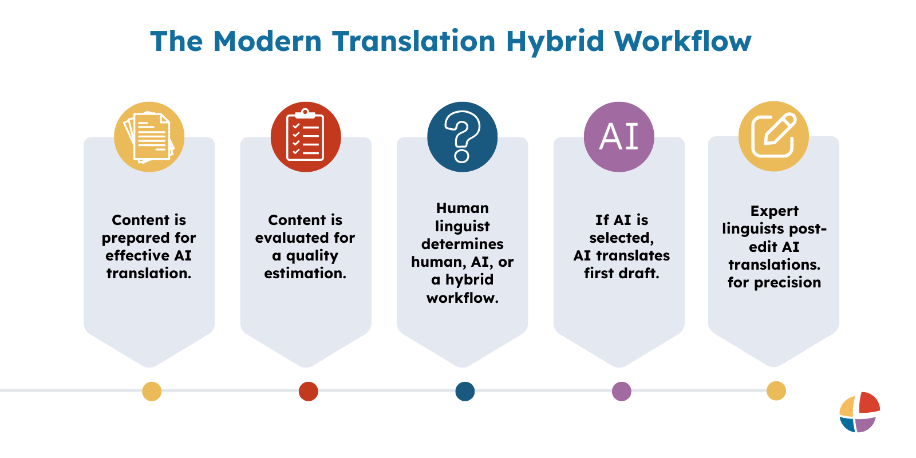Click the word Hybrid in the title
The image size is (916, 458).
point(554,42)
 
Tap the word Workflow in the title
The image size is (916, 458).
point(682,42)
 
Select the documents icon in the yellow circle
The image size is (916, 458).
point(149,137)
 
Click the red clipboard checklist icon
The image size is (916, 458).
point(306,137)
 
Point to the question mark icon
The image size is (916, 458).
point(463,137)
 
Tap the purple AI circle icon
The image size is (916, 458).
point(619,137)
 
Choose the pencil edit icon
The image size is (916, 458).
point(773,136)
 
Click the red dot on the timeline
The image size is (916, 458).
point(308,392)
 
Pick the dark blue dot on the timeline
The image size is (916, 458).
point(465,392)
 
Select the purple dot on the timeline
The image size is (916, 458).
point(621,392)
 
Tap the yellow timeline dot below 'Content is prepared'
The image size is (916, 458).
point(152,392)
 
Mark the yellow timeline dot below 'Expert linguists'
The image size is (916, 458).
point(776,391)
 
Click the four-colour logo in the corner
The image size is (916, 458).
point(859,412)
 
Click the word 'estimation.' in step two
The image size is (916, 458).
point(305,274)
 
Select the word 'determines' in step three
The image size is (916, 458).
point(463,244)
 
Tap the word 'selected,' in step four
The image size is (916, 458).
point(621,238)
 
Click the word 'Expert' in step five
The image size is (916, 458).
point(774,211)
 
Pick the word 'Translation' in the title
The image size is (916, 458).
point(413,42)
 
